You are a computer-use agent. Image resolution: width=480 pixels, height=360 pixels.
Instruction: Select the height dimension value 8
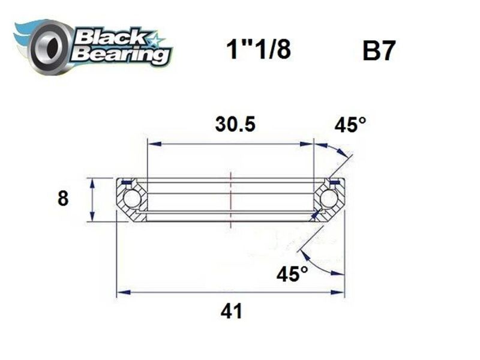[63, 199]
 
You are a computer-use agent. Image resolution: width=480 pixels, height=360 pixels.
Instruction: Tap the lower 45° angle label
[292, 274]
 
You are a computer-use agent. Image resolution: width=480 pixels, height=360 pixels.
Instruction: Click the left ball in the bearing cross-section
[131, 200]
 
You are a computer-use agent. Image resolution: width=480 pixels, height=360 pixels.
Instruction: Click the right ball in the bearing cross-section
[329, 200]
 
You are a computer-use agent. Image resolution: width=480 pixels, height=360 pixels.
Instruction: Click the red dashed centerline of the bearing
[230, 198]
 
